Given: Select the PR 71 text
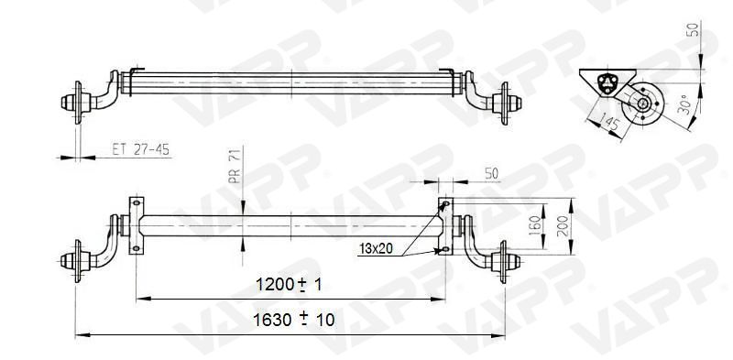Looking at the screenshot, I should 234,168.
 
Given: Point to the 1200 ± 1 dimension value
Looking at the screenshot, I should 290,286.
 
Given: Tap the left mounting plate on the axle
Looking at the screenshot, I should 137,224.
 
